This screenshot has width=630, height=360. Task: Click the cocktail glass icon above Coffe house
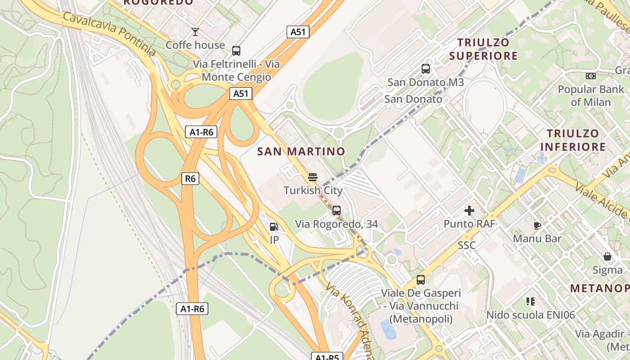click(x=195, y=31)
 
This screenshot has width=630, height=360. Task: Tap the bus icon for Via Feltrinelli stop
click(x=236, y=51)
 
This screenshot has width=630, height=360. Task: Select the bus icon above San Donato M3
click(x=426, y=69)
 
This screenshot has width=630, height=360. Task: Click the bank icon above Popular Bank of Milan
click(x=591, y=76)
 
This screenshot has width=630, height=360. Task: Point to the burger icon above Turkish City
click(x=313, y=177)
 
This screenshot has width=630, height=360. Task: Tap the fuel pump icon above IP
click(x=274, y=227)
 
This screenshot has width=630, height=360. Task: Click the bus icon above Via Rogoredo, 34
click(x=336, y=210)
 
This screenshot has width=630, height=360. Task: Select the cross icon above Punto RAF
click(x=469, y=210)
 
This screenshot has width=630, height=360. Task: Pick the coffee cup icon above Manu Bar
click(x=537, y=225)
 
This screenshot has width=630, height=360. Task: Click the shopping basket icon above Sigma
click(x=607, y=256)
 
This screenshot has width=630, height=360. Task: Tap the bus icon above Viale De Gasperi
click(x=421, y=280)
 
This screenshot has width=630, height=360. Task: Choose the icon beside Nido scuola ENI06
click(x=531, y=301)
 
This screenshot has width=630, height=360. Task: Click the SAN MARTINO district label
click(x=301, y=151)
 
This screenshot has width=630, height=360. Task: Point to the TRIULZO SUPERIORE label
click(x=483, y=49)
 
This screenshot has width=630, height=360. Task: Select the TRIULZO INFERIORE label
click(x=573, y=140)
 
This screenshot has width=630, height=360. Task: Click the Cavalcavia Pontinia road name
click(x=109, y=34)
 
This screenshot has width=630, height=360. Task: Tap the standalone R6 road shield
click(x=190, y=179)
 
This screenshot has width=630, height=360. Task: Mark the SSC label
click(x=467, y=245)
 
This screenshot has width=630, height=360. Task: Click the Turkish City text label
click(x=313, y=190)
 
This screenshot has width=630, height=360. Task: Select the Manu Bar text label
click(x=537, y=238)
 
